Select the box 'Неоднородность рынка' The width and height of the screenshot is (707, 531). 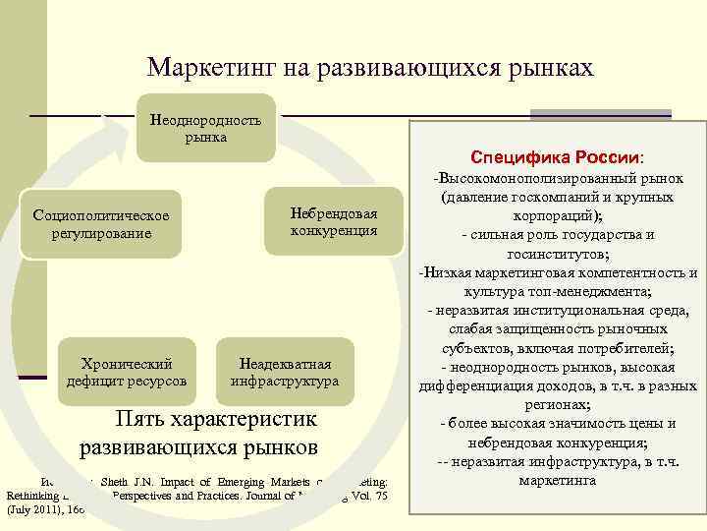pyautogui.click(x=205, y=129)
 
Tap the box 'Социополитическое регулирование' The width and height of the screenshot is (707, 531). pyautogui.click(x=102, y=224)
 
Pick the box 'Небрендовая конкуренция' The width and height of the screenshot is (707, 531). pyautogui.click(x=334, y=222)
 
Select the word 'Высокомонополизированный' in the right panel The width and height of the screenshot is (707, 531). pyautogui.click(x=544, y=182)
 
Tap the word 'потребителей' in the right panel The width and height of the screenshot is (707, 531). pyautogui.click(x=624, y=347)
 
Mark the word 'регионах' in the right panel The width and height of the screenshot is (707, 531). pyautogui.click(x=554, y=404)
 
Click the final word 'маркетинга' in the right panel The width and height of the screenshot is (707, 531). pyautogui.click(x=556, y=481)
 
